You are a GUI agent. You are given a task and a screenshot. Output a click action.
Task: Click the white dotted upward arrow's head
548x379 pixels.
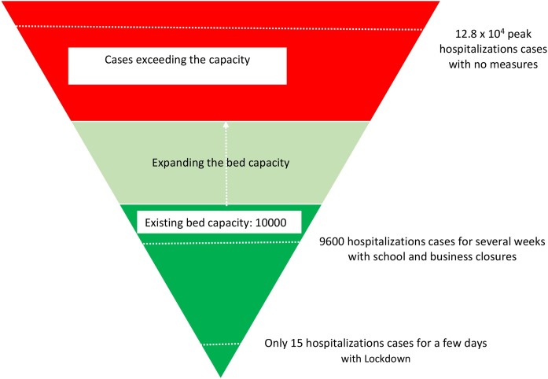click(225, 123)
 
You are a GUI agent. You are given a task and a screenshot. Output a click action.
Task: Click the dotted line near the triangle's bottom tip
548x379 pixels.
click(219, 344)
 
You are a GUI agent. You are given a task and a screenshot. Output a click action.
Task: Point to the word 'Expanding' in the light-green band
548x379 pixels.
click(174, 163)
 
